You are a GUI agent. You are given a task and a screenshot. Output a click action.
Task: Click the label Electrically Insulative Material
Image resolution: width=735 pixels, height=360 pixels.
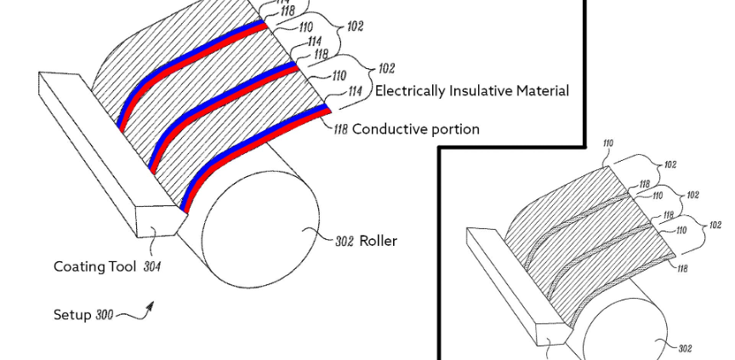[472, 90]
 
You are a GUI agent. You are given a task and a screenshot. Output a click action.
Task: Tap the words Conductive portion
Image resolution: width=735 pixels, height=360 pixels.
[416, 129]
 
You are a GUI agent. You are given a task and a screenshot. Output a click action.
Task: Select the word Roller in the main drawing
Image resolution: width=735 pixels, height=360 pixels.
[378, 241]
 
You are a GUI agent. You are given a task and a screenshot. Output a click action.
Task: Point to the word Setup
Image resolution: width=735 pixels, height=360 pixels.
[71, 315]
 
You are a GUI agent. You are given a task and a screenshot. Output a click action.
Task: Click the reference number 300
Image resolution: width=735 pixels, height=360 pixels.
[104, 315]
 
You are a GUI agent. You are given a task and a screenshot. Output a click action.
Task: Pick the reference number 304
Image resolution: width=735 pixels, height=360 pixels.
[151, 266]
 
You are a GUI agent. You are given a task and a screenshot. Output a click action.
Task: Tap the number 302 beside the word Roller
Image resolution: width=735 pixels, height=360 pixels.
[344, 242]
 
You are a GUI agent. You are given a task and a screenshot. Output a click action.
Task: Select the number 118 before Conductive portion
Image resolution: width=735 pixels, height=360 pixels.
[340, 129]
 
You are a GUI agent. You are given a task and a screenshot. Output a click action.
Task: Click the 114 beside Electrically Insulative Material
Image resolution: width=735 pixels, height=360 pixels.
[356, 91]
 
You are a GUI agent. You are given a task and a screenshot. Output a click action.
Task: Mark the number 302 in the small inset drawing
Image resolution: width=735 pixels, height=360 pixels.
[686, 347]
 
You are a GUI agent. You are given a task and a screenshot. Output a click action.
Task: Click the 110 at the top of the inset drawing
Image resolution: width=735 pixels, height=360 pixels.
[607, 144]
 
